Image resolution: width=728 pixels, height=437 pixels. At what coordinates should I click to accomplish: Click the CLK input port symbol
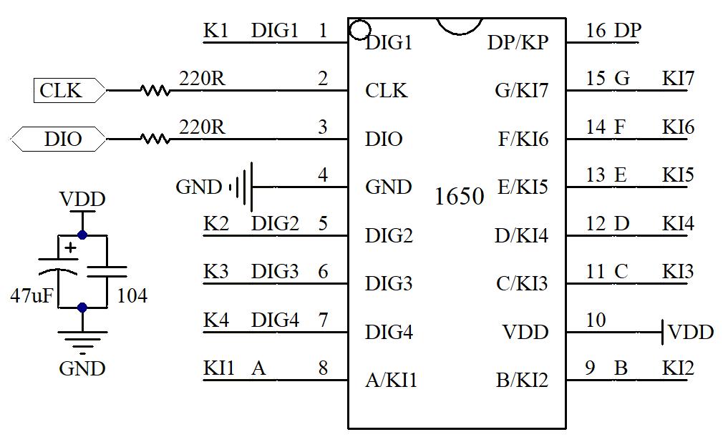pyautogui.click(x=69, y=91)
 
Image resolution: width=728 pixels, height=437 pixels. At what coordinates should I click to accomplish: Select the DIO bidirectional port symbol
pyautogui.click(x=59, y=139)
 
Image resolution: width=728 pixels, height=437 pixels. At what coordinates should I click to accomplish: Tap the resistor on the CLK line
pyautogui.click(x=155, y=91)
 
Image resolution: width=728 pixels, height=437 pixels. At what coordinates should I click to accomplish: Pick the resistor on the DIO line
pyautogui.click(x=155, y=139)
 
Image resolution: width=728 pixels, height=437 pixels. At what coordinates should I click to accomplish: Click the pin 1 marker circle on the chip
pyautogui.click(x=359, y=30)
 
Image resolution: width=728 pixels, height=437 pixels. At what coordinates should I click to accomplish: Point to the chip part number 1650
pyautogui.click(x=460, y=196)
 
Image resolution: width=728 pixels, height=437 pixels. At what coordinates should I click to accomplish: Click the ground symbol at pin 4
pyautogui.click(x=243, y=187)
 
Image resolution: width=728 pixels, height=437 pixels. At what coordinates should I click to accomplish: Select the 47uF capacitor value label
pyautogui.click(x=31, y=295)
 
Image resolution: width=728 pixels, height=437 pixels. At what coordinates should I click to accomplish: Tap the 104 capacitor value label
pyautogui.click(x=132, y=295)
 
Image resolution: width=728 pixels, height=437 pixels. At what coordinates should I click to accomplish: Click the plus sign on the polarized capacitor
pyautogui.click(x=70, y=248)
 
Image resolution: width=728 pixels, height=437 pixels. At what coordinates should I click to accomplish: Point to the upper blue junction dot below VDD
pyautogui.click(x=82, y=235)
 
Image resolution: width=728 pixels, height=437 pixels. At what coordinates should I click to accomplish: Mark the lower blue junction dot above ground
pyautogui.click(x=82, y=308)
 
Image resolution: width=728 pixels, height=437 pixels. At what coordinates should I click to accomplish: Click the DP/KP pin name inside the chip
pyautogui.click(x=518, y=42)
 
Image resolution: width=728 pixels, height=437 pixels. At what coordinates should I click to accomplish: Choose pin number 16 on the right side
pyautogui.click(x=596, y=31)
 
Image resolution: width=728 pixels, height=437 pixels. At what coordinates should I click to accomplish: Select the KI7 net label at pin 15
pyautogui.click(x=678, y=79)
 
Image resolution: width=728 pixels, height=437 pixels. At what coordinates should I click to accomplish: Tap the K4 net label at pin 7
pyautogui.click(x=215, y=320)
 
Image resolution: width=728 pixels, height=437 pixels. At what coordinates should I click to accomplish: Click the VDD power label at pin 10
pyautogui.click(x=691, y=332)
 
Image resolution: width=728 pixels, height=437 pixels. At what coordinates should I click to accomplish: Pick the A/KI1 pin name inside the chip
pyautogui.click(x=391, y=380)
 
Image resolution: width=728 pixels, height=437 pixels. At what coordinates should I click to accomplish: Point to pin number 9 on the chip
pyautogui.click(x=590, y=368)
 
